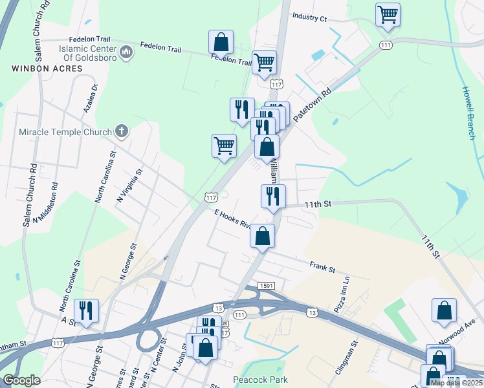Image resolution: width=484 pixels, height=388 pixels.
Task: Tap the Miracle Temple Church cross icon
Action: click(x=121, y=132)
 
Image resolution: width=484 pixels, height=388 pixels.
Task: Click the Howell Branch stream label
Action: click(x=468, y=113)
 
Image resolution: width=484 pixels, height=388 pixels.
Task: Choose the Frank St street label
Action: click(x=322, y=266)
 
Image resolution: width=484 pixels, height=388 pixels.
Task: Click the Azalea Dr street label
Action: click(x=91, y=98)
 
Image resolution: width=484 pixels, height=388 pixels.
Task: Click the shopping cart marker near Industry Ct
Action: click(x=388, y=14)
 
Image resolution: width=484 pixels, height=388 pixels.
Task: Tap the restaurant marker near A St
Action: click(x=86, y=311)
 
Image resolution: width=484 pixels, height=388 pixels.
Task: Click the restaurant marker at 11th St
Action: click(x=273, y=196)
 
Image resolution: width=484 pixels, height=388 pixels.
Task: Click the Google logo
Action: click(x=21, y=380)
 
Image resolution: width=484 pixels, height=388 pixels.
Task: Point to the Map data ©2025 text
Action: click(x=456, y=382)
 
